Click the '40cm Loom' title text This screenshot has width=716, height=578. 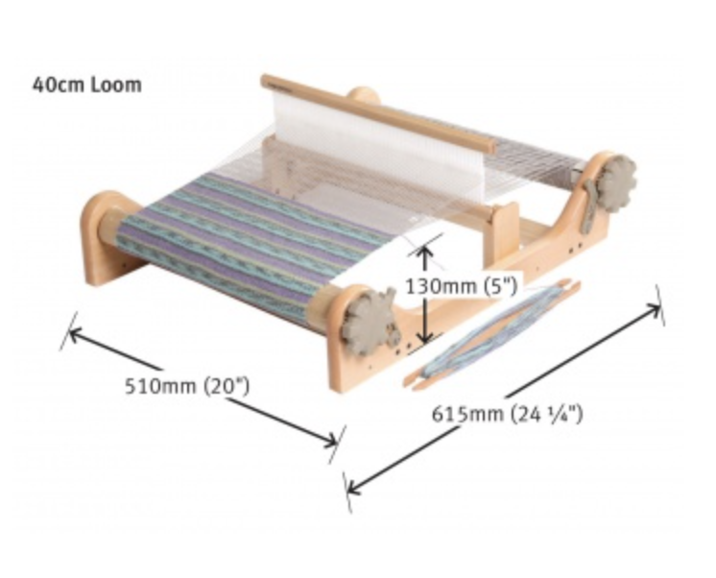pos(86,84)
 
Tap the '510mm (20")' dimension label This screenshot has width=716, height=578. pos(188,387)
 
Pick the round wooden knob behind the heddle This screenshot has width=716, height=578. pos(363,96)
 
